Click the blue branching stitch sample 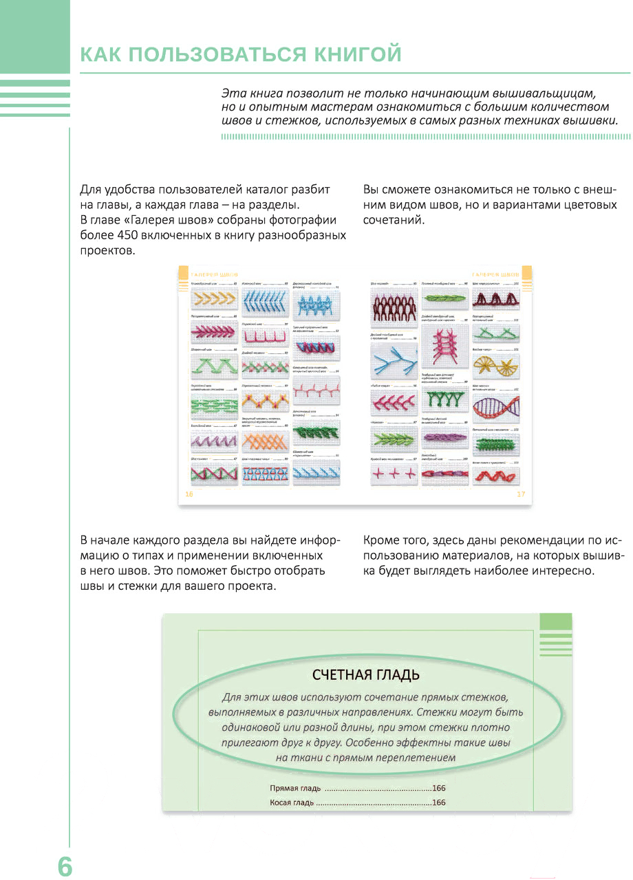[394, 358]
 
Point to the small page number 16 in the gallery [189, 494]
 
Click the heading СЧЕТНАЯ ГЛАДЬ [366, 674]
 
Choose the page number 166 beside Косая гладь [439, 802]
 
